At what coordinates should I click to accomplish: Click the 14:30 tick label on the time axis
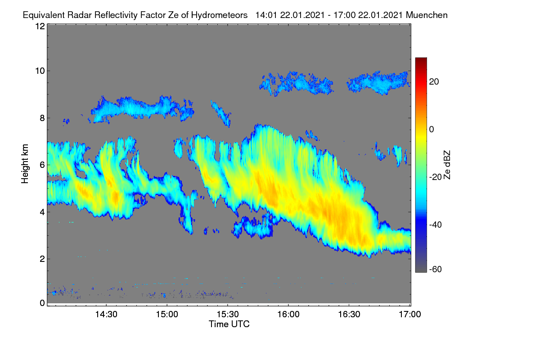click(x=106, y=315)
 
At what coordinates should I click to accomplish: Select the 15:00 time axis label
click(x=167, y=315)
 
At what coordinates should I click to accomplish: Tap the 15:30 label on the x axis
click(x=228, y=315)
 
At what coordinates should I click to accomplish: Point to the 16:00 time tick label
click(x=288, y=315)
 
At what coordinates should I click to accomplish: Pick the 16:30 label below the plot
click(x=349, y=315)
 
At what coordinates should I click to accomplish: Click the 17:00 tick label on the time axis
click(x=410, y=315)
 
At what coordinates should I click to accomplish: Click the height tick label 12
click(x=40, y=26)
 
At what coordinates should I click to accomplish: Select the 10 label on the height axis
click(x=40, y=71)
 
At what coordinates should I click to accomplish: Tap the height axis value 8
click(x=43, y=118)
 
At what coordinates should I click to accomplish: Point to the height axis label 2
click(x=43, y=259)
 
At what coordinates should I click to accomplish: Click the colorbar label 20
click(x=434, y=82)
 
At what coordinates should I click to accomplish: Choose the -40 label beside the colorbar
click(x=436, y=225)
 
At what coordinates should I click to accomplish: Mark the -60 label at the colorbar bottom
click(x=436, y=269)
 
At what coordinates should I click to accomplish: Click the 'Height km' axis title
click(x=25, y=164)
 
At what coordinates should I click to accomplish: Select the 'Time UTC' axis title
click(x=229, y=324)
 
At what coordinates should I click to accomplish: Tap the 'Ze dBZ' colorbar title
click(x=447, y=165)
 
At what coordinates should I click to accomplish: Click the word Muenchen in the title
click(x=427, y=15)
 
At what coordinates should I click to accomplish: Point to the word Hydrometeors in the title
click(x=220, y=15)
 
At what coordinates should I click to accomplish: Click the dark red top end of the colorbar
click(x=421, y=58)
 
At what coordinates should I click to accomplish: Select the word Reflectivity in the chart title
click(x=116, y=15)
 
